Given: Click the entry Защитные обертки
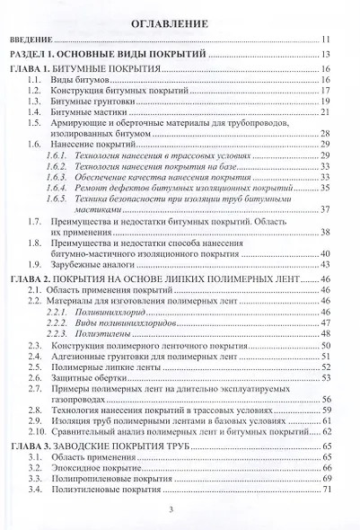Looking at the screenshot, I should (90, 379).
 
